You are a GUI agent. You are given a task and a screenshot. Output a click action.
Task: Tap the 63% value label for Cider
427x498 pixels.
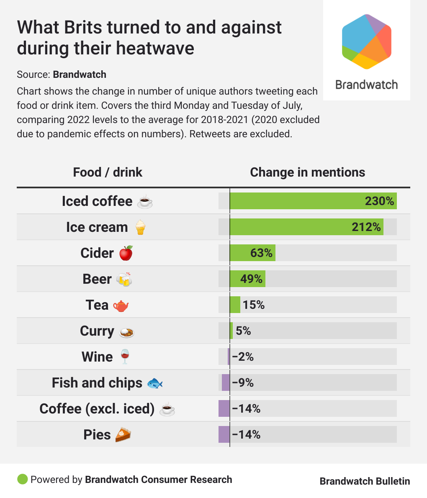pyautogui.click(x=261, y=253)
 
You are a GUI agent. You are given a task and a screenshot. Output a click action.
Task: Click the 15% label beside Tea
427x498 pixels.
pyautogui.click(x=254, y=305)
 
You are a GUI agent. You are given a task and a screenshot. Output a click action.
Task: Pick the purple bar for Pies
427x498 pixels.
pyautogui.click(x=224, y=434)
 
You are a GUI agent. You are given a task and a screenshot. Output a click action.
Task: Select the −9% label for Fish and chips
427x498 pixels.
pyautogui.click(x=243, y=382)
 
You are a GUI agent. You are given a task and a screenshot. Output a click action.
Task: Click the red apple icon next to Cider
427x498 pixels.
pyautogui.click(x=126, y=253)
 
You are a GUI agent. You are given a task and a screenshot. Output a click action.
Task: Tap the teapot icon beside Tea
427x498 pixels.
pyautogui.click(x=121, y=305)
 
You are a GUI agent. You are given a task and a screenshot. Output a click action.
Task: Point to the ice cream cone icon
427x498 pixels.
pyautogui.click(x=140, y=227)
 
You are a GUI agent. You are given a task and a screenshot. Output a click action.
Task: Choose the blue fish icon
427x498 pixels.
pyautogui.click(x=154, y=383)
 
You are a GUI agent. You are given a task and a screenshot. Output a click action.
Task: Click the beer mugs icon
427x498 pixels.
pyautogui.click(x=124, y=279)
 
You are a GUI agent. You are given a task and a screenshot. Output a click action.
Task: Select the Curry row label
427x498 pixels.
pyautogui.click(x=97, y=331)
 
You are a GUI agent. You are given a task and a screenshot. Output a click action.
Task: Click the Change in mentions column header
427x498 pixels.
pyautogui.click(x=307, y=172)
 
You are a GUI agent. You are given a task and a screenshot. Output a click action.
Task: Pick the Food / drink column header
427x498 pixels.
pyautogui.click(x=108, y=172)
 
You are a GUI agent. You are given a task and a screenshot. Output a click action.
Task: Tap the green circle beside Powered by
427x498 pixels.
pyautogui.click(x=22, y=479)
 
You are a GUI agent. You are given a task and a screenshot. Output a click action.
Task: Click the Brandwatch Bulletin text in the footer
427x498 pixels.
pyautogui.click(x=365, y=481)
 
